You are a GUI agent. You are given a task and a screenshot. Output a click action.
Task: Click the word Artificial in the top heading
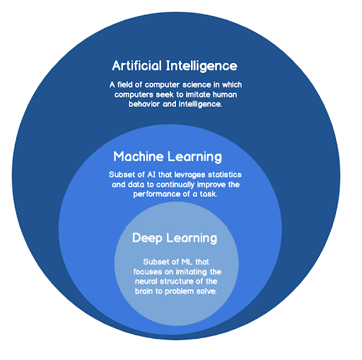[137, 66]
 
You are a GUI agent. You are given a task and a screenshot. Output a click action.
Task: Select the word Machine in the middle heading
[139, 156]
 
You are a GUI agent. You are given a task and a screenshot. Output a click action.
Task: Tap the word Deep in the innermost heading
[147, 238]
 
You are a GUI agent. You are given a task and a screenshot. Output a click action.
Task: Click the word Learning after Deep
[192, 238]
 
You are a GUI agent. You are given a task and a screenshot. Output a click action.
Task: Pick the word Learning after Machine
[194, 157]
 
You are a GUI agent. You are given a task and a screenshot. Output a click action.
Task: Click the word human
[225, 95]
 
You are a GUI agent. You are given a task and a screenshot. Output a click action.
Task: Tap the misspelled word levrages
[191, 175]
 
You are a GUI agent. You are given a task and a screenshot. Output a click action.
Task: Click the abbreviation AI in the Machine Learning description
[151, 175]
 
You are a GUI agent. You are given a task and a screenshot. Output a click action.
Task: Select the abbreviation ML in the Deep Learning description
[187, 262]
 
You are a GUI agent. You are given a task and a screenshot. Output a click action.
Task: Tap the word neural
[146, 281]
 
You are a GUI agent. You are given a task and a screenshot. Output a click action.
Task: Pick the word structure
[178, 281]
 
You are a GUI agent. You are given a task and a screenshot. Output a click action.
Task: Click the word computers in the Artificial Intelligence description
[134, 95]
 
